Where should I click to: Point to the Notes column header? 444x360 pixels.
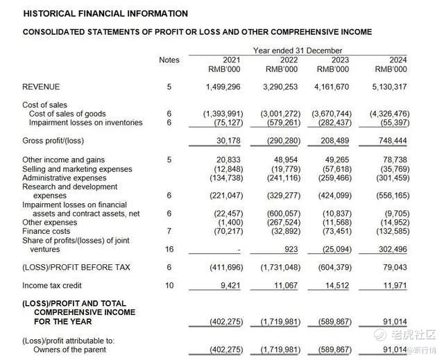(x=169, y=60)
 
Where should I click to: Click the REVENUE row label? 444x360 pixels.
(x=41, y=87)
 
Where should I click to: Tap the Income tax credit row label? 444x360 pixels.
(x=52, y=285)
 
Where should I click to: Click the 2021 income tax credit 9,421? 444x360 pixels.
(x=228, y=285)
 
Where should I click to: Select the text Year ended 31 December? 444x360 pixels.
(x=298, y=51)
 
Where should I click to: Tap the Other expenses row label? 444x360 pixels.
(x=51, y=222)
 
